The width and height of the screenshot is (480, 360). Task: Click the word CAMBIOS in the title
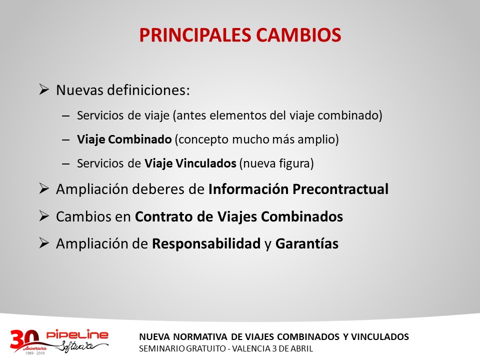298,34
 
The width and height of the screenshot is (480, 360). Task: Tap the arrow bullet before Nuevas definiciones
44,89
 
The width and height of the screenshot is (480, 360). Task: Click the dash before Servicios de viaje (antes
66,116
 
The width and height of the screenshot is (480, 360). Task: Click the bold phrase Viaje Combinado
124,139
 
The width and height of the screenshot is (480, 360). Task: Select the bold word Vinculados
205,163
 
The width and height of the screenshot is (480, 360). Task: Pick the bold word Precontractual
340,189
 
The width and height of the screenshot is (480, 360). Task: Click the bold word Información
248,189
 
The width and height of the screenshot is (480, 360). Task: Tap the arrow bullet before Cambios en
44,216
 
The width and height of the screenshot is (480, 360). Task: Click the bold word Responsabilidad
206,244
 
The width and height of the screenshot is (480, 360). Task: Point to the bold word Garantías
307,244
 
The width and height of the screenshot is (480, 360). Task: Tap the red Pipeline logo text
77,334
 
